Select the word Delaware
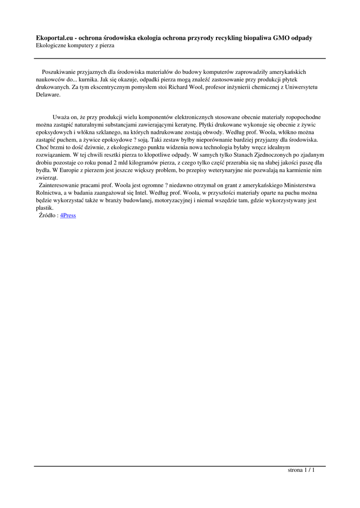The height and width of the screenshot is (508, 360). point(48,94)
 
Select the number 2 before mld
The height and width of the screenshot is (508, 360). point(115,162)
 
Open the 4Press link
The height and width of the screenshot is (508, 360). point(68,215)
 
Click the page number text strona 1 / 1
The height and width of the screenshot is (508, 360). point(301,470)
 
